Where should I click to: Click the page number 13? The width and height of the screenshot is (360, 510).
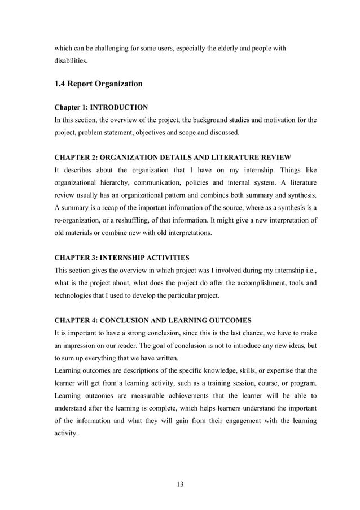pyautogui.click(x=180, y=484)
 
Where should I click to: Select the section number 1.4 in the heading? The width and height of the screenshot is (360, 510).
pyautogui.click(x=61, y=84)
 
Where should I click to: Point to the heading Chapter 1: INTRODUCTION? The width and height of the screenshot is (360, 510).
pyautogui.click(x=101, y=107)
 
